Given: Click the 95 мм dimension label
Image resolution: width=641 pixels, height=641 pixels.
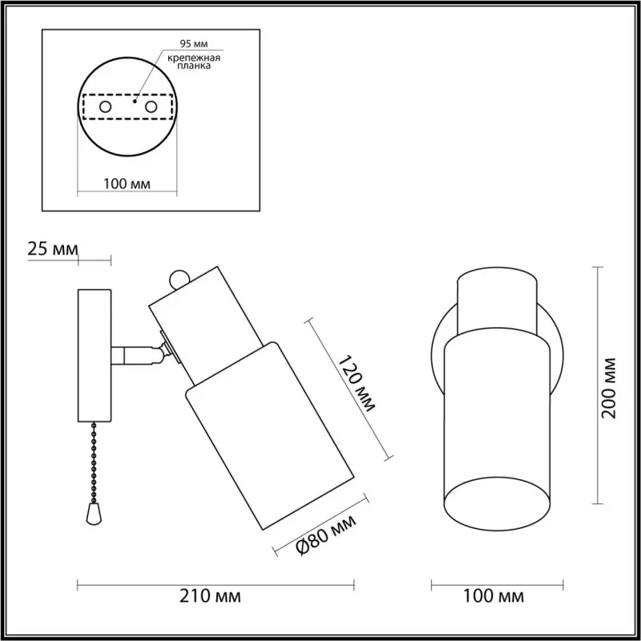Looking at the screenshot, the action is pyautogui.click(x=194, y=44).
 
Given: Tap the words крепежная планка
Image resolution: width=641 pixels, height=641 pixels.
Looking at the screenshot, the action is pyautogui.click(x=194, y=62).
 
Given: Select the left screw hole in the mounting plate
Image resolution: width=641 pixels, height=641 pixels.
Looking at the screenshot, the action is pyautogui.click(x=105, y=107).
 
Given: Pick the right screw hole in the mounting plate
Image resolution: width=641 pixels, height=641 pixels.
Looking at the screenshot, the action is pyautogui.click(x=151, y=107).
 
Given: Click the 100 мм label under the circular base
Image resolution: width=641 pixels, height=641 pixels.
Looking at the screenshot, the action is pyautogui.click(x=127, y=184).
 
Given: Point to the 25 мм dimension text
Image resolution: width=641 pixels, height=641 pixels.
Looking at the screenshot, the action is pyautogui.click(x=52, y=248).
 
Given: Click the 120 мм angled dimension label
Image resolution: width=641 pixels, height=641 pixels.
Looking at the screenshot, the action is pyautogui.click(x=357, y=384).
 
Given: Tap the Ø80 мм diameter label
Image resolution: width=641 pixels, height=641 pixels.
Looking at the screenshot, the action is pyautogui.click(x=326, y=534).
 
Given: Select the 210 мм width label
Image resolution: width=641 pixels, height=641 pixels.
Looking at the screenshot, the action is pyautogui.click(x=210, y=596).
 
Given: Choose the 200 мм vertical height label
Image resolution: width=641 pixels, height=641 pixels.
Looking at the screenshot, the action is pyautogui.click(x=609, y=388).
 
